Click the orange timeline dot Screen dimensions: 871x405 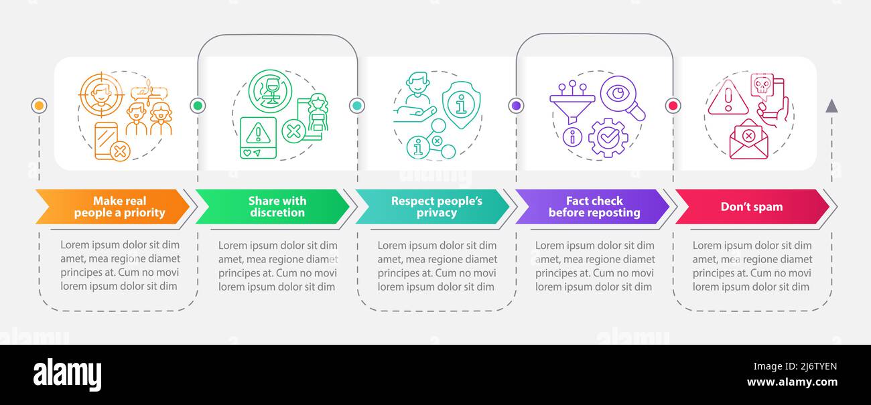click(39, 106)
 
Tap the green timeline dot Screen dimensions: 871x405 click(198, 106)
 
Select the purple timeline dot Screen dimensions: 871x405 click(516, 106)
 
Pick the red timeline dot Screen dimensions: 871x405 click(673, 106)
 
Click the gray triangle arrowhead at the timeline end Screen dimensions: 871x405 click(831, 106)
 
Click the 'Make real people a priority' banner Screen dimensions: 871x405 click(113, 207)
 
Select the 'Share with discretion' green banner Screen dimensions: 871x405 click(272, 207)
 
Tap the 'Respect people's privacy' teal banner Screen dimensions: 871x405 click(432, 207)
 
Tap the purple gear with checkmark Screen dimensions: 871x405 click(608, 138)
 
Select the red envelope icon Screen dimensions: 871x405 click(749, 139)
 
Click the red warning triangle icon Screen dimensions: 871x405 click(728, 97)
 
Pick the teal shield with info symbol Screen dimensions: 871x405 click(461, 104)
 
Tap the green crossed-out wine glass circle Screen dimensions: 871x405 click(270, 91)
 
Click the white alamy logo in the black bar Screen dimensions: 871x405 click(67, 374)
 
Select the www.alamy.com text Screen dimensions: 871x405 click(792, 382)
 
